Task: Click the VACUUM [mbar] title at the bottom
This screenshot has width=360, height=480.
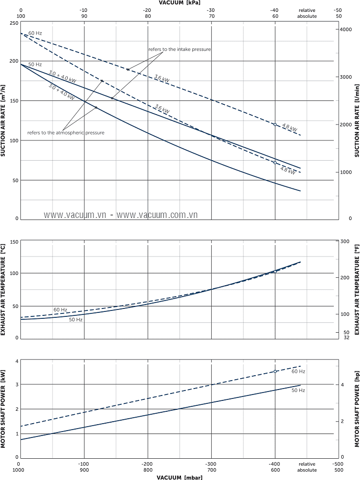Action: click(180, 478)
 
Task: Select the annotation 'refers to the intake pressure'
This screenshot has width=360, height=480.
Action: click(180, 49)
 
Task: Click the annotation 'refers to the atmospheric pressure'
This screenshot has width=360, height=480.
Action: click(66, 132)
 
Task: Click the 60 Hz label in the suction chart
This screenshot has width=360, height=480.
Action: click(35, 33)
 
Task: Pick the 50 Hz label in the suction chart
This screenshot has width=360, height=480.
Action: click(35, 64)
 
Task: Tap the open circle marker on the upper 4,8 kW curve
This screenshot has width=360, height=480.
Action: click(275, 125)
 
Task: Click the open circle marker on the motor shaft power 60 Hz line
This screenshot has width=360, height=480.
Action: click(275, 371)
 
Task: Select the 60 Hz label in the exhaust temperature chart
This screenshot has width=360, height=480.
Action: click(60, 309)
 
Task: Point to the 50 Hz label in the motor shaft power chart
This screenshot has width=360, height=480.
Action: click(298, 391)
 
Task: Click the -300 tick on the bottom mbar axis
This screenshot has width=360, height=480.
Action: click(211, 464)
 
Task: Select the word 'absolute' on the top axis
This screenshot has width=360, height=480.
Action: click(307, 16)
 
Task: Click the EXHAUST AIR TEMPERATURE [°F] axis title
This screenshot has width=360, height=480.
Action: click(357, 289)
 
